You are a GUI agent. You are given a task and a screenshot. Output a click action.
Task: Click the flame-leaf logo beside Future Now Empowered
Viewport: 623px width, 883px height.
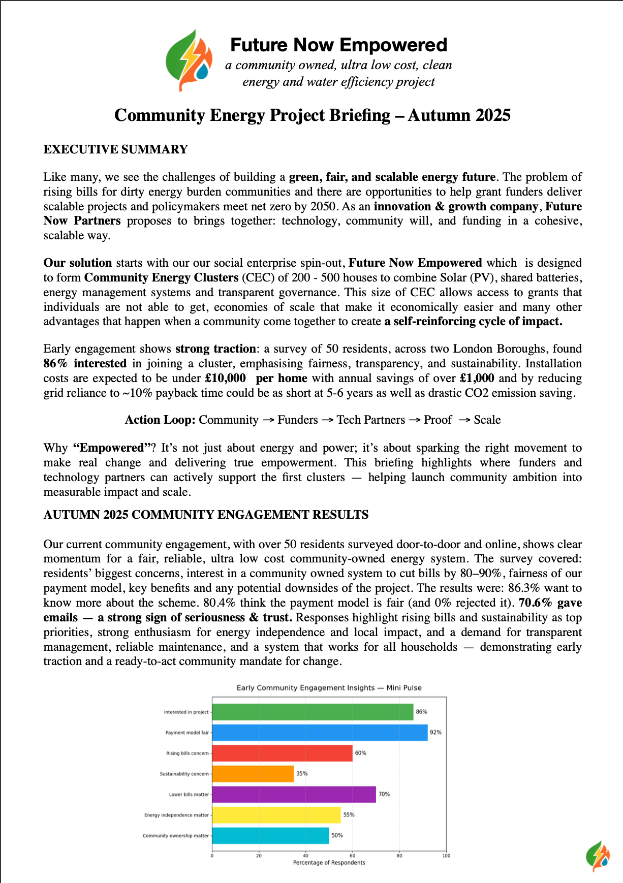click(189, 61)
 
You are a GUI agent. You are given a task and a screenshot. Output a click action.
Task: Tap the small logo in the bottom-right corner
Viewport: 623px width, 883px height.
click(598, 856)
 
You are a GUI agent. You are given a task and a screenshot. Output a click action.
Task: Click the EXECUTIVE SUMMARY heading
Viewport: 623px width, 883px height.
click(115, 149)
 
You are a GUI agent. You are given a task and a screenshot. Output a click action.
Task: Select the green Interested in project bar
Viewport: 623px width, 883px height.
click(313, 712)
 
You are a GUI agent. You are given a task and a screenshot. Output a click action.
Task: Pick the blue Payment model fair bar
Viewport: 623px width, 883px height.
click(320, 732)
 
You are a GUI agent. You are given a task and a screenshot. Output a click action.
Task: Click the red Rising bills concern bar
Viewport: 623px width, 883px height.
click(282, 753)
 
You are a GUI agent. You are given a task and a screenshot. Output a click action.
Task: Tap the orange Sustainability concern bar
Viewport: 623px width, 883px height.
click(253, 774)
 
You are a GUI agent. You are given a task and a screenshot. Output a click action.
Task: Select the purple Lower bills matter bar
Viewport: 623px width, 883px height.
click(294, 794)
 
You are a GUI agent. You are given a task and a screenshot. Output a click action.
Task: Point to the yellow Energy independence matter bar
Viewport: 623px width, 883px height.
click(276, 815)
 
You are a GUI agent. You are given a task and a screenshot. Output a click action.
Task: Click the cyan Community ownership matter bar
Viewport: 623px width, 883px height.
click(270, 835)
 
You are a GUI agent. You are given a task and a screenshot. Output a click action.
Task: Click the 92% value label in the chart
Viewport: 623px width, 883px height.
click(435, 732)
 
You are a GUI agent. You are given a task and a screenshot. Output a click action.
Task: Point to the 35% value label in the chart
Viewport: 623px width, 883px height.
click(302, 774)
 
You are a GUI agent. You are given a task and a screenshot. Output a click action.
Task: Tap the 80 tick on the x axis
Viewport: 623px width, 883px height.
click(399, 856)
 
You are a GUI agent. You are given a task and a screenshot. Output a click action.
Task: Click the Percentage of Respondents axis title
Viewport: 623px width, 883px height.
click(329, 863)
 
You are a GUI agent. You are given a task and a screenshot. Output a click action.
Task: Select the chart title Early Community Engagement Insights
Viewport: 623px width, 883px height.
click(329, 688)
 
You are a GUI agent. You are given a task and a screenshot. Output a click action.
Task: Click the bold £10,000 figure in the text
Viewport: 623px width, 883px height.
click(225, 378)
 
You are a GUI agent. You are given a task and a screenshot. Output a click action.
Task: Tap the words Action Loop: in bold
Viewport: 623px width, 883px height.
click(160, 420)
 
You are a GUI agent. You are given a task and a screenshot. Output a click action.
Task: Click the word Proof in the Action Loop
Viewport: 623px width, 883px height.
click(438, 420)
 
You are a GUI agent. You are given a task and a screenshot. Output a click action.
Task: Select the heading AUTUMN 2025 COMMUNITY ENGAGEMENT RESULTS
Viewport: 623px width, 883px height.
click(206, 515)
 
